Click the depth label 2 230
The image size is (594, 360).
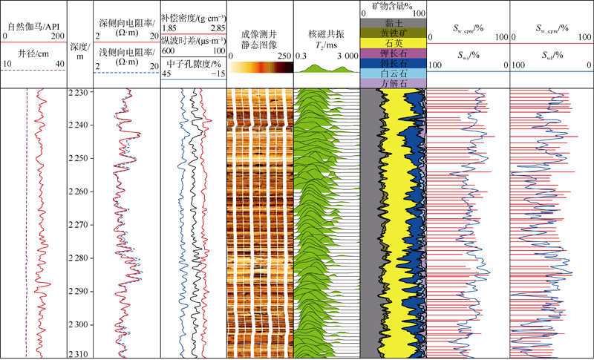(78, 93)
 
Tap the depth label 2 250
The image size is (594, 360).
(78, 159)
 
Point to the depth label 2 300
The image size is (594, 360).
(78, 325)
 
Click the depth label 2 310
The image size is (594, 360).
(78, 354)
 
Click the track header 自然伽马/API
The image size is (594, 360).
(33, 27)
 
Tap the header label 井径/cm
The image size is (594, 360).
(33, 53)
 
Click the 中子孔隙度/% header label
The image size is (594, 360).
(193, 63)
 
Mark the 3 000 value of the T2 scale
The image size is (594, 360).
(346, 56)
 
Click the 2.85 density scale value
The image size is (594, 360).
(218, 27)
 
